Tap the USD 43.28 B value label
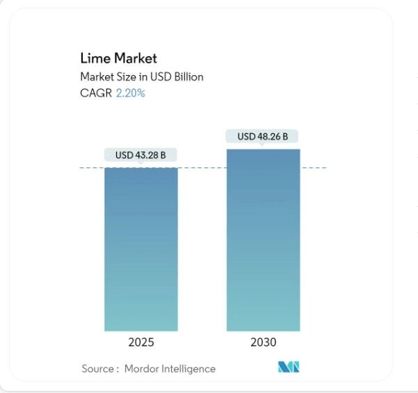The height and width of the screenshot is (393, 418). [140, 155]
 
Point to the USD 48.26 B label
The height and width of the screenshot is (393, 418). [263, 137]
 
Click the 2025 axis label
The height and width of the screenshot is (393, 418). [140, 342]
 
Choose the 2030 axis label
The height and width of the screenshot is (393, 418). [263, 342]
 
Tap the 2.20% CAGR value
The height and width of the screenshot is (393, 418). [131, 92]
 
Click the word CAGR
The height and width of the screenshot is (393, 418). [97, 92]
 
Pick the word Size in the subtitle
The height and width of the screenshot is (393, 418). [127, 76]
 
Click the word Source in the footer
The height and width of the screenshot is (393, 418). [97, 369]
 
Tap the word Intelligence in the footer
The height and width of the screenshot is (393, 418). [188, 369]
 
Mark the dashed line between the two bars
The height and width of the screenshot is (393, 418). [202, 167]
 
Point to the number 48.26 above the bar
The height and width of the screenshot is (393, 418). [268, 137]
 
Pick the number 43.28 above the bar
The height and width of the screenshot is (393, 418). [145, 155]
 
